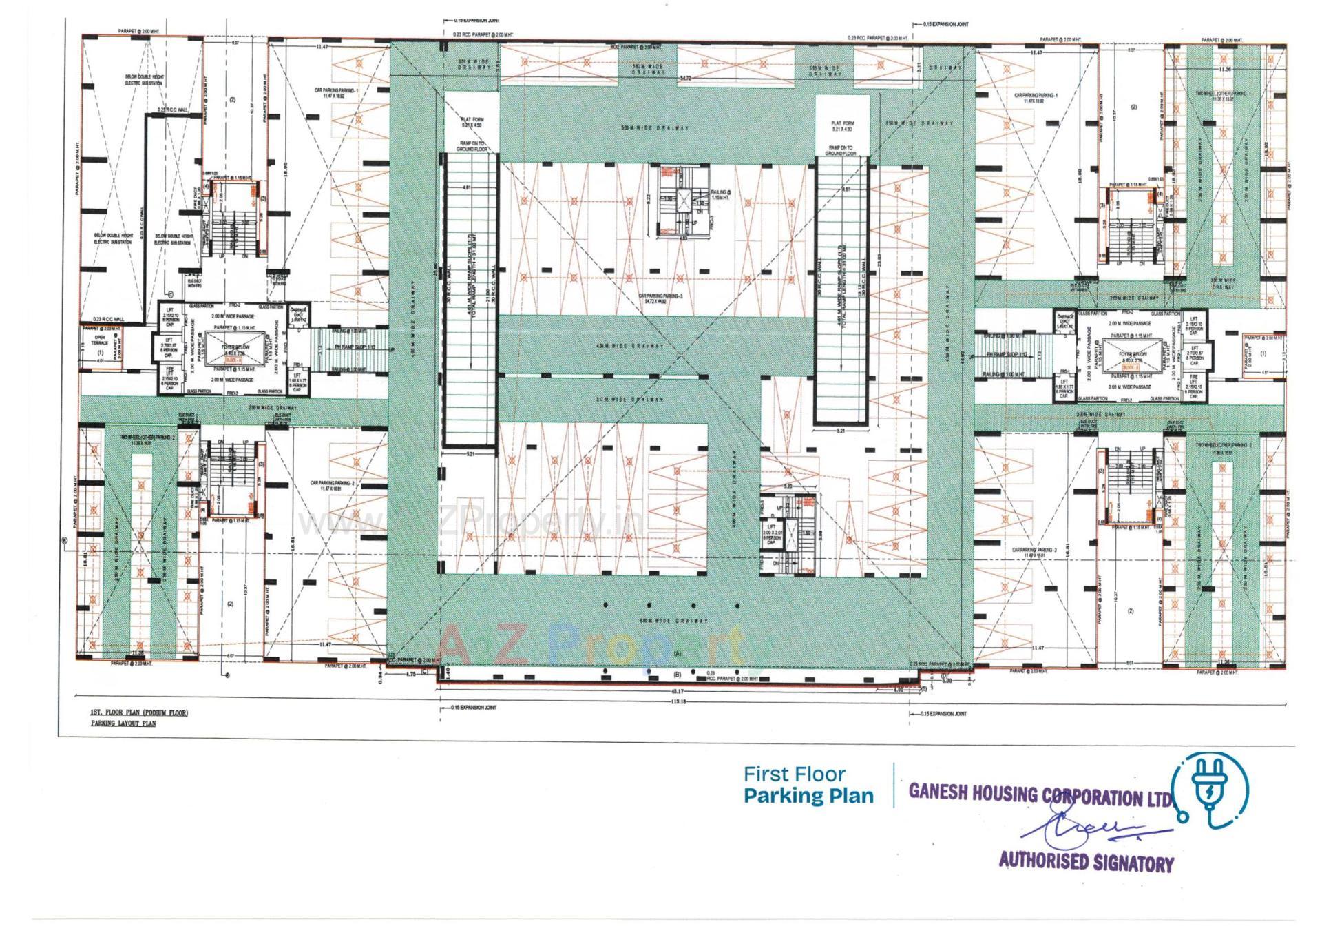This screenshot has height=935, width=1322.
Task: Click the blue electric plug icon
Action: coord(1210,790)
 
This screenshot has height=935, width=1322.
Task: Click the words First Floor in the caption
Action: coord(794,774)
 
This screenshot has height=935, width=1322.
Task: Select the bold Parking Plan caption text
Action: coord(808,796)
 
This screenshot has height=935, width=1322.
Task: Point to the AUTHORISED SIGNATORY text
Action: coord(1086,861)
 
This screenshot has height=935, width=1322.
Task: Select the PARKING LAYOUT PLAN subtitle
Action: coord(123,723)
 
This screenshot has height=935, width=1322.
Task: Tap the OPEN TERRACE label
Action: coord(101,340)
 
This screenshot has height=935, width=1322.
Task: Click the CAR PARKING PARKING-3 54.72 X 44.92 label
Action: coord(659,298)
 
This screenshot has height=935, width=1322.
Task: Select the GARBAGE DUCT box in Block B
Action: coord(1064,318)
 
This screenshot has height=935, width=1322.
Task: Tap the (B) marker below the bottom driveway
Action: coord(676,675)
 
